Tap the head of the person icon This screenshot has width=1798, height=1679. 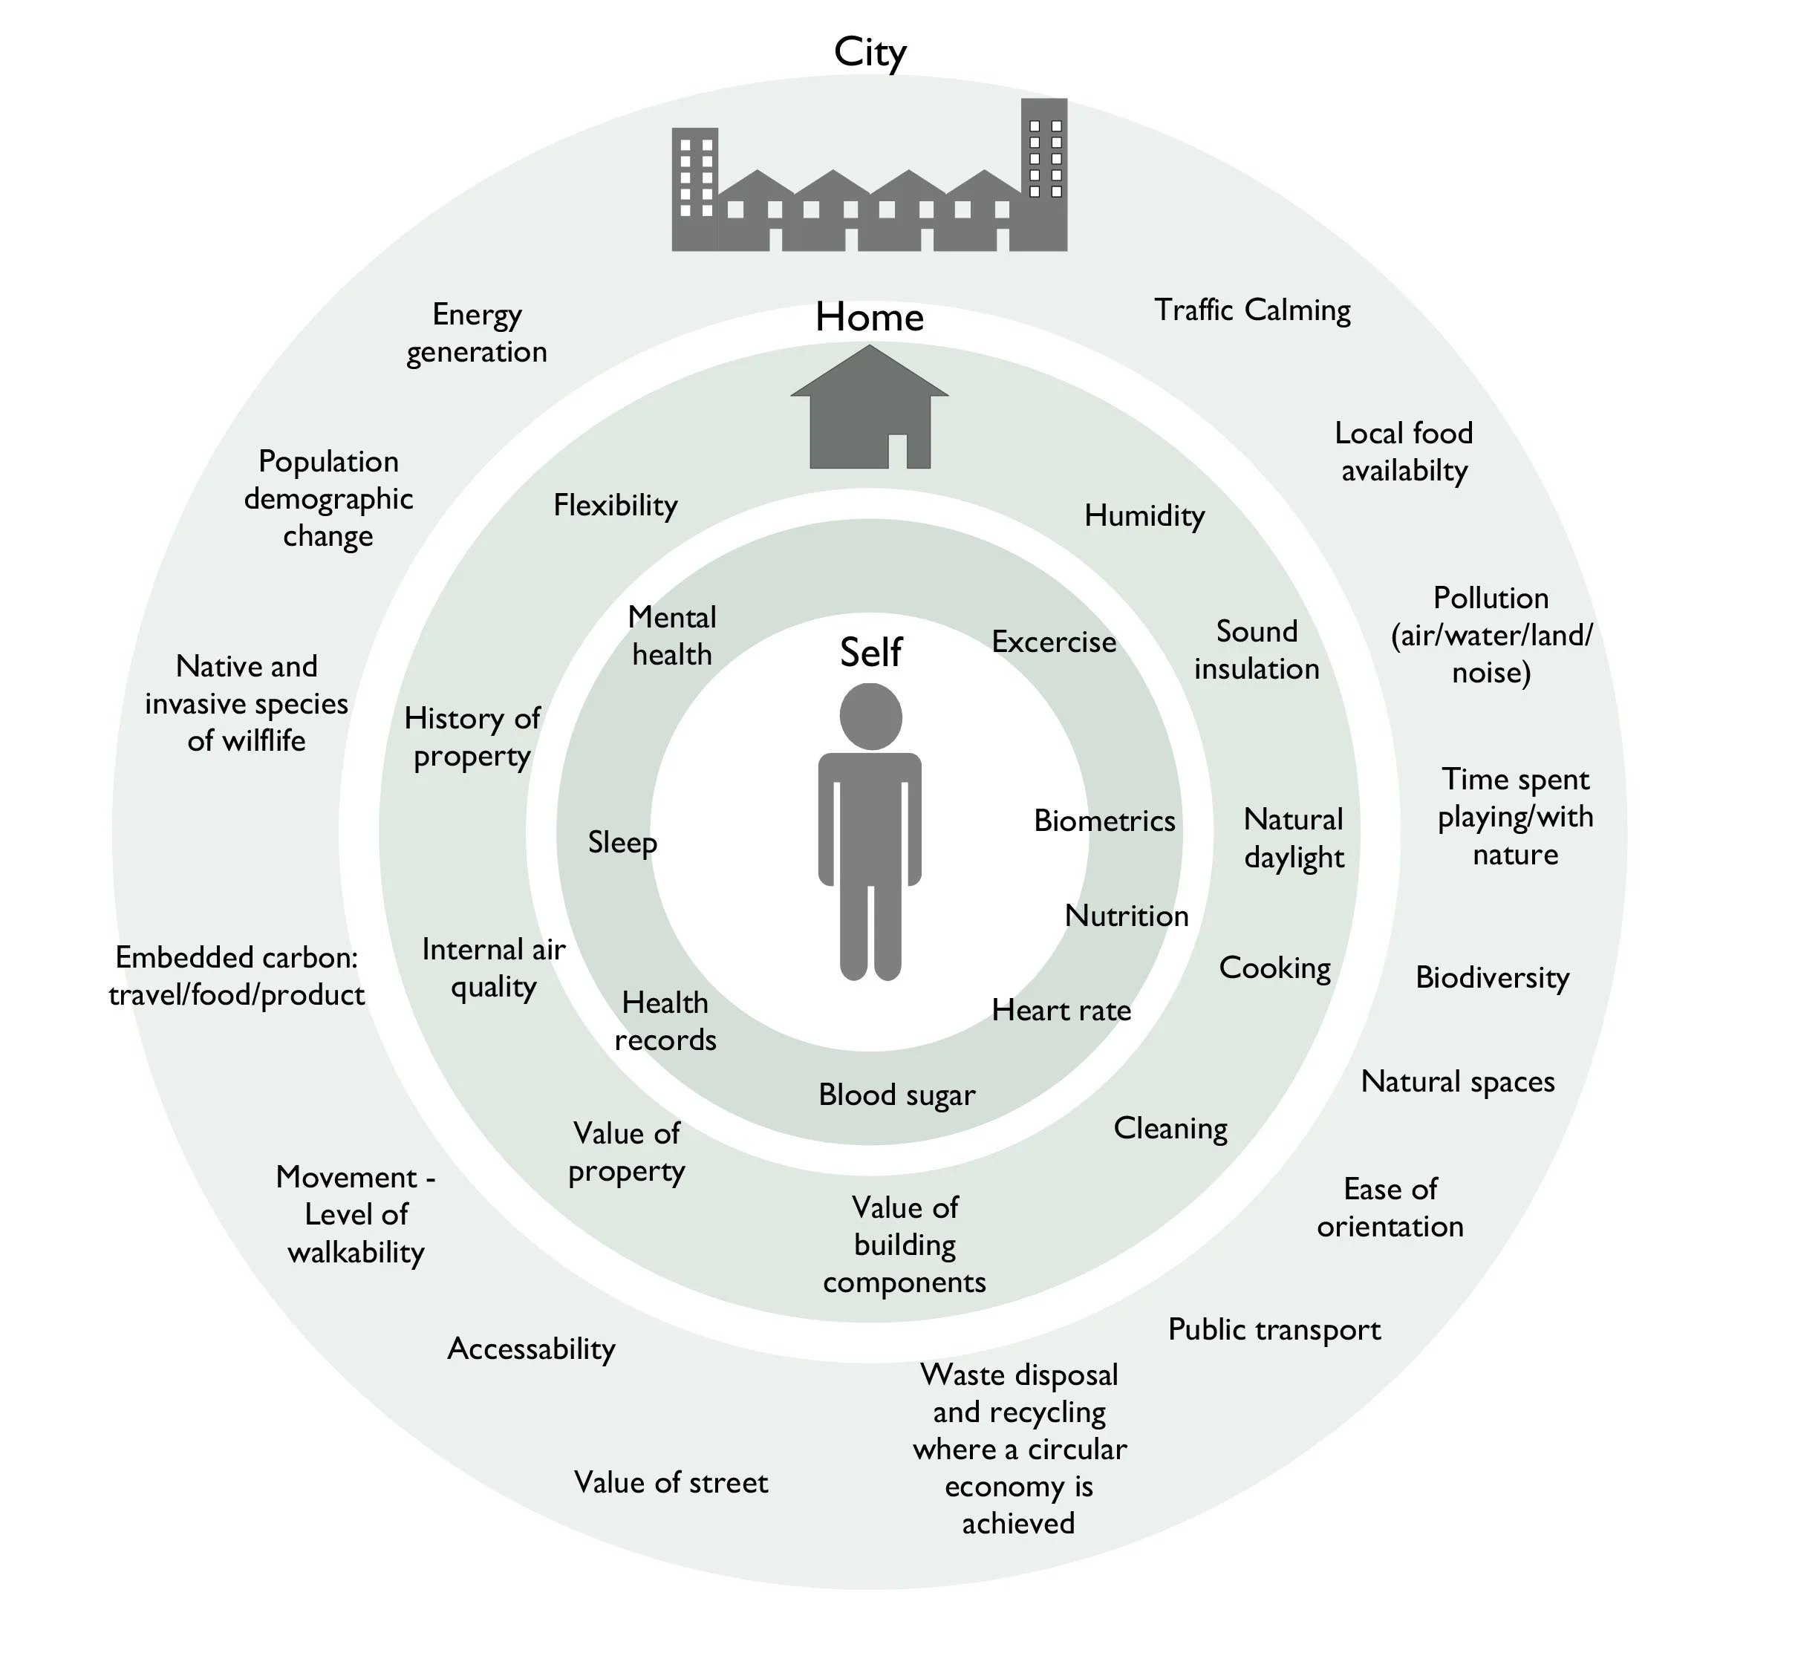(870, 716)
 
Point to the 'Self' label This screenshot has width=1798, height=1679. (870, 652)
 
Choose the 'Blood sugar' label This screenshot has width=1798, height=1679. (896, 1095)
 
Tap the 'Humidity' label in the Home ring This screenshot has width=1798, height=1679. (1144, 515)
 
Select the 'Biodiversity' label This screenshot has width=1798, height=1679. (1491, 977)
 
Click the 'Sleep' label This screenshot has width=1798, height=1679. (622, 843)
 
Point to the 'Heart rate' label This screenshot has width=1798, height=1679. (1061, 1010)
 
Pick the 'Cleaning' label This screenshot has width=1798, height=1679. (1170, 1129)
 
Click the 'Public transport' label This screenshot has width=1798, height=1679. (1274, 1329)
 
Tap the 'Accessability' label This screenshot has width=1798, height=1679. (531, 1349)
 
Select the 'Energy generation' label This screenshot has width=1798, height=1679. (477, 333)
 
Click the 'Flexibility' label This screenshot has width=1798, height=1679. (615, 506)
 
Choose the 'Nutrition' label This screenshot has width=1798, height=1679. (1126, 916)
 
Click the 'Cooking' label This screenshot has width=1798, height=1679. (1274, 968)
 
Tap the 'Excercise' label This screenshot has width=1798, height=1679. (1054, 642)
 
